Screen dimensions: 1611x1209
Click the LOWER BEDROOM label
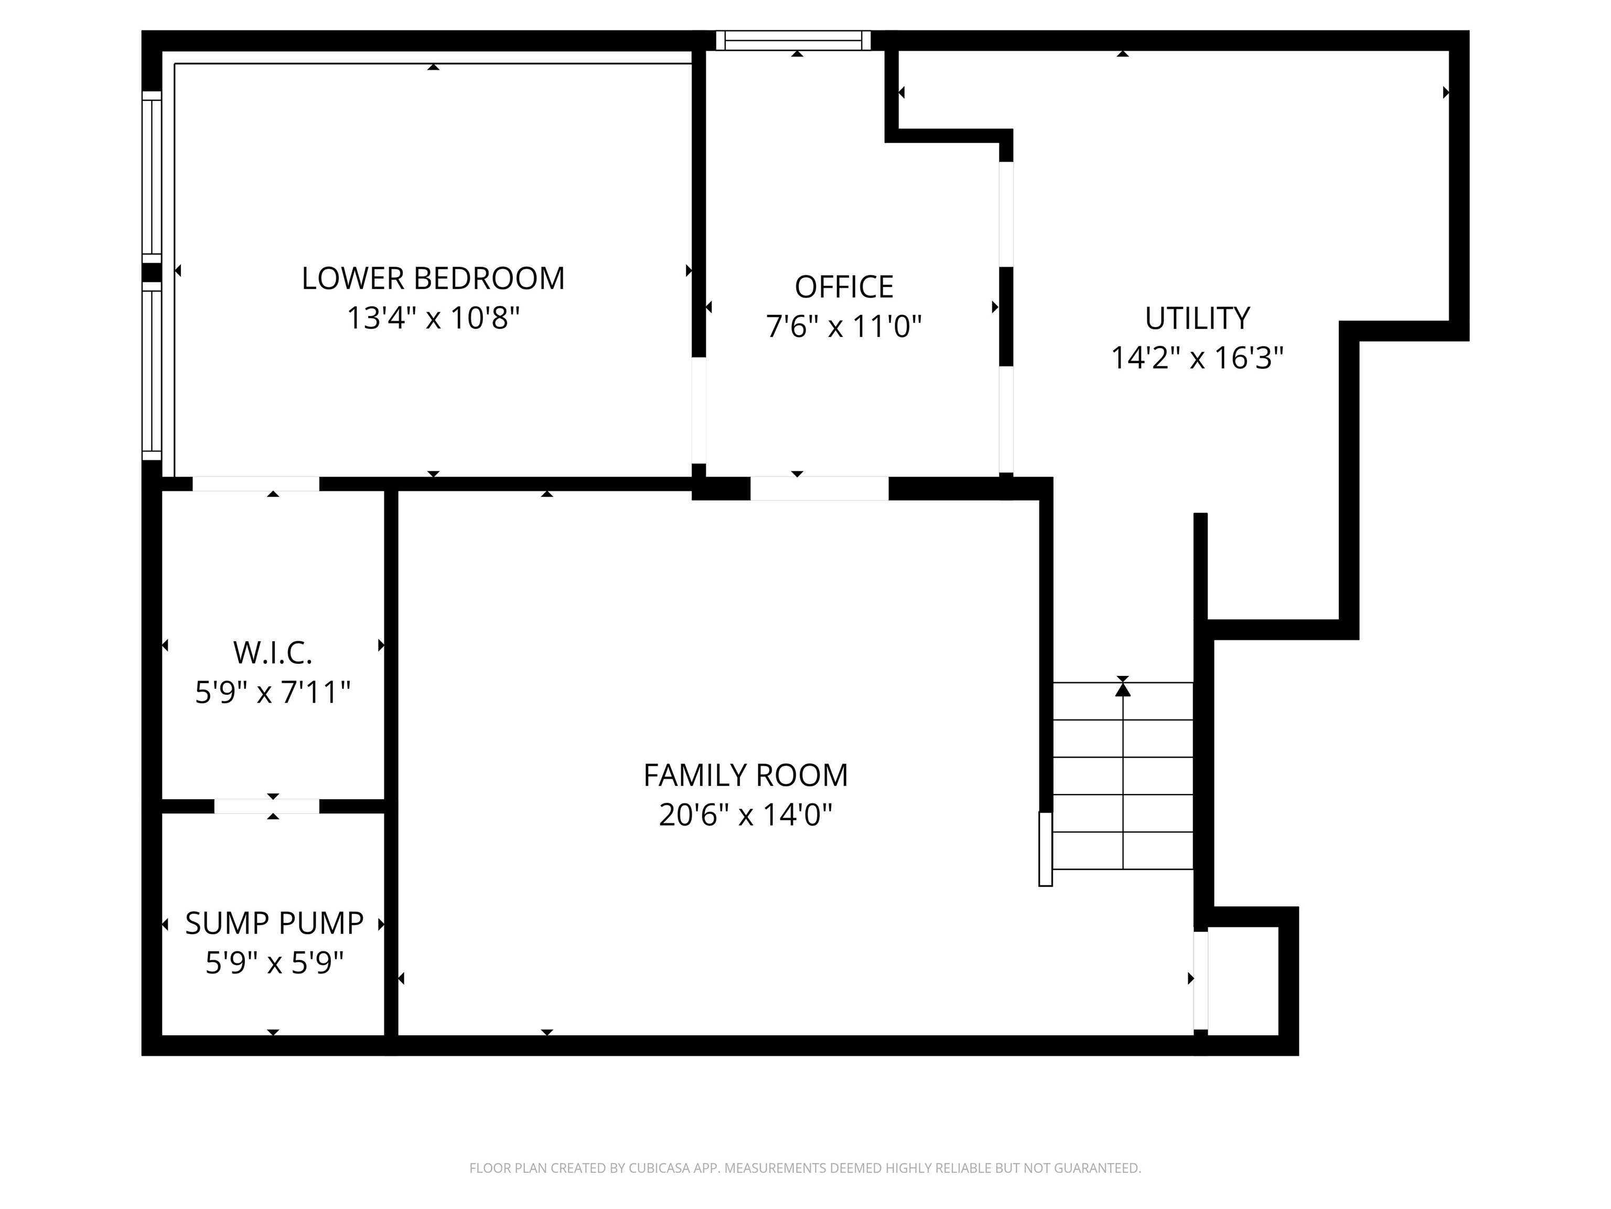pos(433,279)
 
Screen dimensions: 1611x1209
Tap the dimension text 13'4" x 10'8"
pos(433,319)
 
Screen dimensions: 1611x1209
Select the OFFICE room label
pos(844,287)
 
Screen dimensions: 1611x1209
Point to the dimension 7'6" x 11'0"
pos(844,326)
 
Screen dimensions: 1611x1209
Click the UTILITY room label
pos(1197,319)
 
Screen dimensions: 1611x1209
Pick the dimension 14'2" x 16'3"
pos(1197,358)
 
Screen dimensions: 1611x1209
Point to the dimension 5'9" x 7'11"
pos(273,692)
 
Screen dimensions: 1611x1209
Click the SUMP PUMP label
pos(275,924)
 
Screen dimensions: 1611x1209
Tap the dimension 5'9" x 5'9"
pos(275,963)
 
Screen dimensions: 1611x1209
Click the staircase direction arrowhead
pos(1123,688)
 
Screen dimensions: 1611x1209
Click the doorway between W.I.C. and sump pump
pos(266,806)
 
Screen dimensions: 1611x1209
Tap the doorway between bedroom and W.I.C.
pos(255,484)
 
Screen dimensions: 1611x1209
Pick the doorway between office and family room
pos(819,488)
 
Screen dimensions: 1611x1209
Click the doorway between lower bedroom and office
pos(699,410)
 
